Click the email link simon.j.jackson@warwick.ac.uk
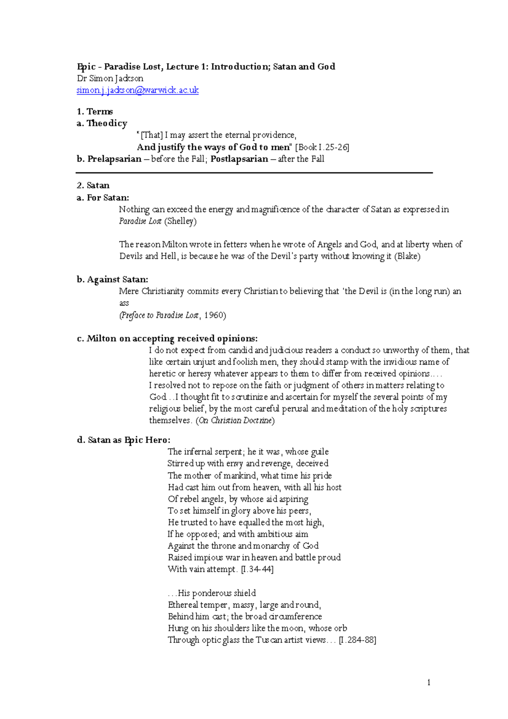[137, 90]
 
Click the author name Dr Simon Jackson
[110, 78]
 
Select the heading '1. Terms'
[94, 111]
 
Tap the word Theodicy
[107, 123]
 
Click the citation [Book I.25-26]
[322, 147]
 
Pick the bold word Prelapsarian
[114, 159]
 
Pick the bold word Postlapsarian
[239, 159]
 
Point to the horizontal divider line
[254, 173]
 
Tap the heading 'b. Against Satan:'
[112, 279]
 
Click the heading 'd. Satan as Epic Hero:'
[124, 440]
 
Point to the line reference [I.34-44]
[257, 569]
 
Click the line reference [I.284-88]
[357, 640]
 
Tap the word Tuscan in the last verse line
[269, 640]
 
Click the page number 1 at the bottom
[429, 682]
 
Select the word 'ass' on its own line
[124, 303]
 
